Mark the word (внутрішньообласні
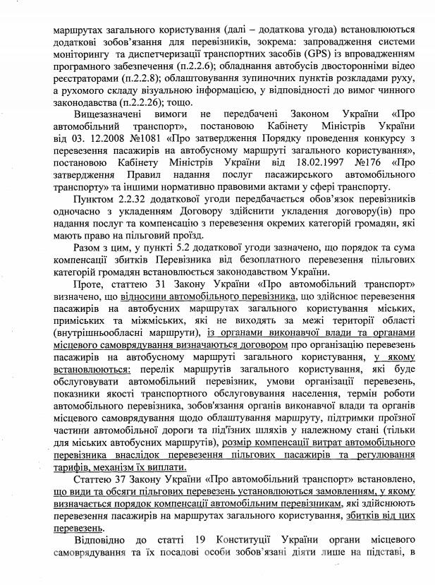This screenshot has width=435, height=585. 82,335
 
